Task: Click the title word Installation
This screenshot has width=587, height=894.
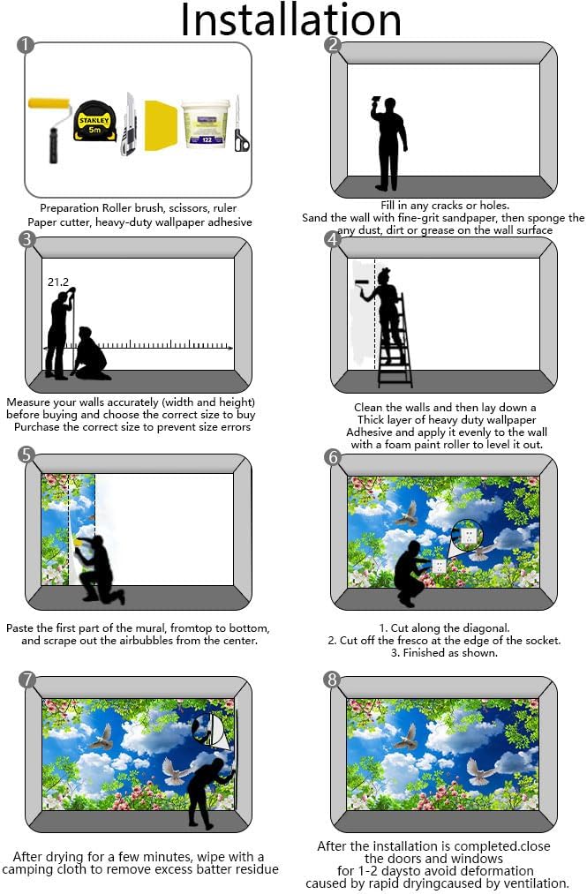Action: click(x=291, y=20)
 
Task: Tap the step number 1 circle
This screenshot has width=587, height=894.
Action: click(x=26, y=45)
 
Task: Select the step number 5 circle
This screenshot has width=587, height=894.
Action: click(x=26, y=455)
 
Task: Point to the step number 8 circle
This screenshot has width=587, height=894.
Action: click(x=332, y=679)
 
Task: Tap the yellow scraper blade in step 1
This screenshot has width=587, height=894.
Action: click(x=161, y=125)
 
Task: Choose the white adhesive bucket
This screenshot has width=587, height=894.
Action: click(x=205, y=124)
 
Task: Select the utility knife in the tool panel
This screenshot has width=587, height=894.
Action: click(x=129, y=124)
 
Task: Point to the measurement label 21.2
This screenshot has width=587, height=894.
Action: click(x=58, y=282)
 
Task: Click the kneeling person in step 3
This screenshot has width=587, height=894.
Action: click(x=91, y=354)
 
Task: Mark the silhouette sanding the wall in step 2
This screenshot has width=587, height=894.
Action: click(x=389, y=143)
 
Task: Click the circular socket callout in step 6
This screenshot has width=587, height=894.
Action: click(x=468, y=536)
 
